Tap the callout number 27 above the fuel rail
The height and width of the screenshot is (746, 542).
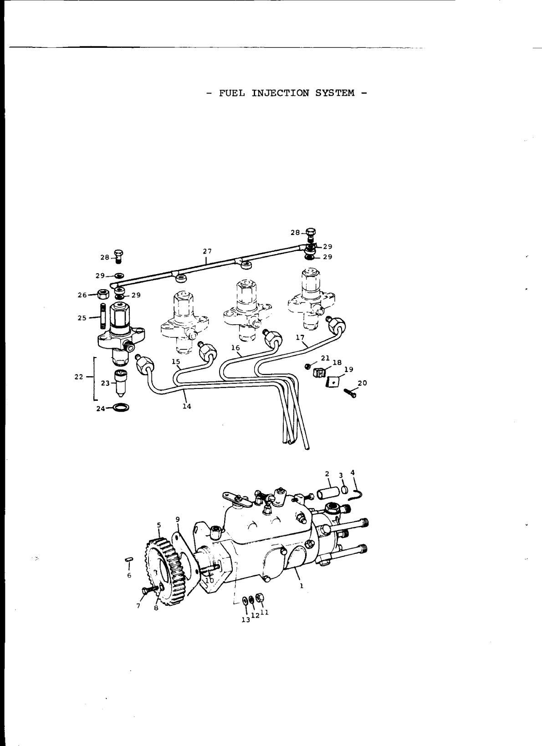[207, 251]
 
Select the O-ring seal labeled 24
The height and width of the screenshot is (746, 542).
[121, 407]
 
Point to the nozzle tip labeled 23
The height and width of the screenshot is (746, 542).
[122, 383]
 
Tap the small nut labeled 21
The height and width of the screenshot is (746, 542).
[308, 365]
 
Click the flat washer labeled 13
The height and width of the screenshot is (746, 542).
[245, 600]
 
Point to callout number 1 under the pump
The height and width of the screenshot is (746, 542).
[301, 586]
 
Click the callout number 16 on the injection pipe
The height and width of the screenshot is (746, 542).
[235, 347]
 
